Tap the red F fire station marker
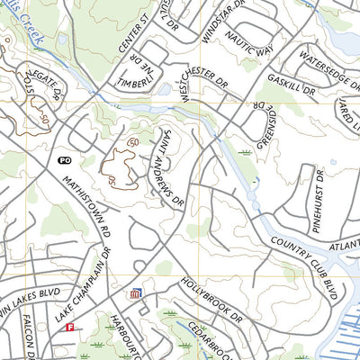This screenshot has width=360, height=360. tap(69, 328)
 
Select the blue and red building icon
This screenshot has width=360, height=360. tap(136, 294)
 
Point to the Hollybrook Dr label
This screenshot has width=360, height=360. tap(211, 301)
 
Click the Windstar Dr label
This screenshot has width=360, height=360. tap(214, 29)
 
